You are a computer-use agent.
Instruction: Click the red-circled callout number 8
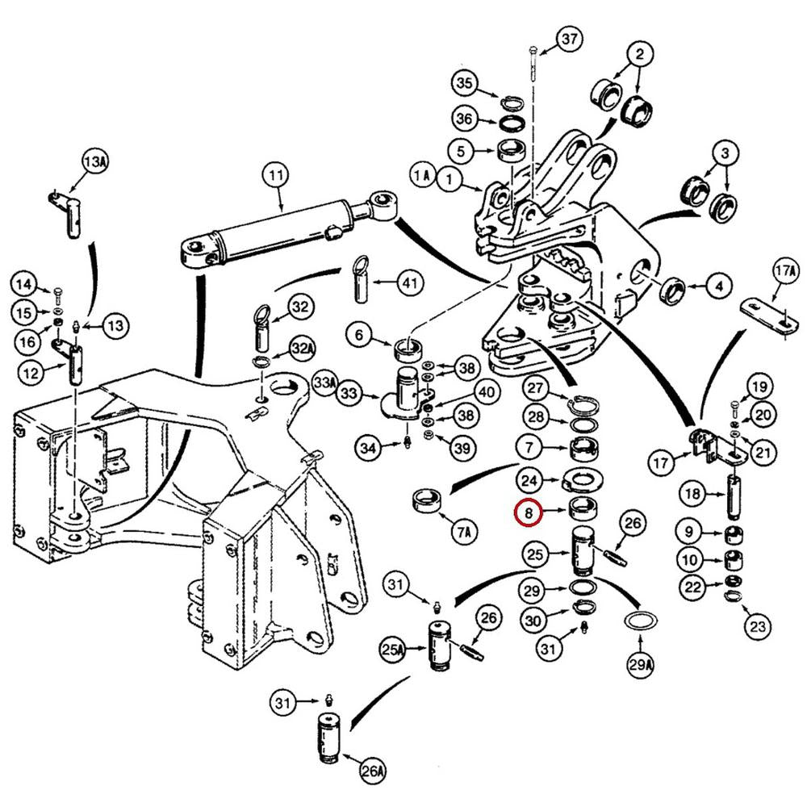tap(529, 512)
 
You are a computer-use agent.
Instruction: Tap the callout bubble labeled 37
tap(570, 39)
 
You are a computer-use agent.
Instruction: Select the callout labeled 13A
tap(94, 162)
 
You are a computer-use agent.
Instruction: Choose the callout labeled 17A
tap(784, 270)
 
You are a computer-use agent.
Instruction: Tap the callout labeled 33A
tap(324, 379)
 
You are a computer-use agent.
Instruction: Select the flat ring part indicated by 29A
tap(641, 622)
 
